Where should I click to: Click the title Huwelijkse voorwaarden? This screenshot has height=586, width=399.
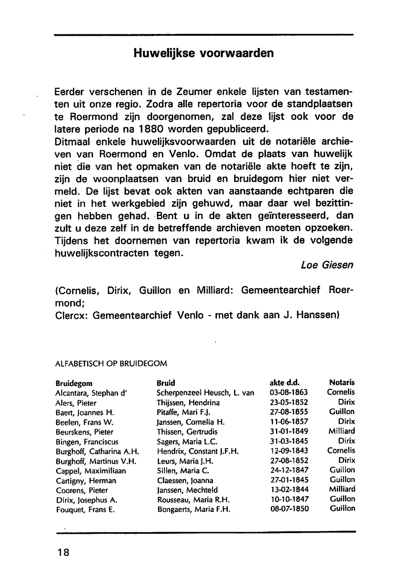[x=203, y=53]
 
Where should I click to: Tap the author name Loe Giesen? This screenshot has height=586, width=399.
[x=327, y=265]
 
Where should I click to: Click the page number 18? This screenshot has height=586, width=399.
[x=63, y=553]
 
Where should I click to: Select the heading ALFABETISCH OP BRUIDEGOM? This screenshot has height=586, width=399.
[x=111, y=363]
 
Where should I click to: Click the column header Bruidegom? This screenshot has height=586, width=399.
[x=74, y=383]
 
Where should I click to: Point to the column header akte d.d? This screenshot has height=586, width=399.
[x=284, y=383]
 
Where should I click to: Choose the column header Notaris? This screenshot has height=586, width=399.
[x=342, y=382]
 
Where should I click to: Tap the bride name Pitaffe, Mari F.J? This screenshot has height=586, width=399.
[x=181, y=412]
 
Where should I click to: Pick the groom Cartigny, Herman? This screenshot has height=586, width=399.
[x=86, y=480]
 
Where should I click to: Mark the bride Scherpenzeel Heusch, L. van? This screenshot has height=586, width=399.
[x=205, y=393]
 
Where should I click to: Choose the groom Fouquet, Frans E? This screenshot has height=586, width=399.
[x=85, y=510]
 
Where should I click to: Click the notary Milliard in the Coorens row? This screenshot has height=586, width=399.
[x=342, y=489]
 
